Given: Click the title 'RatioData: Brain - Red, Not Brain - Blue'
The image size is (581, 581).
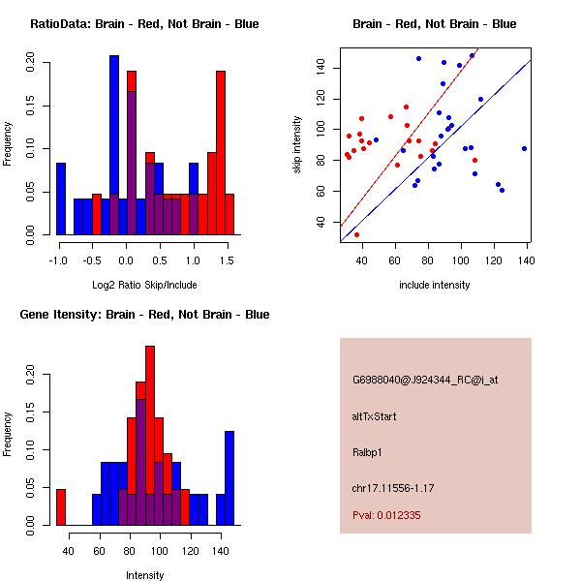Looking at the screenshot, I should (144, 24).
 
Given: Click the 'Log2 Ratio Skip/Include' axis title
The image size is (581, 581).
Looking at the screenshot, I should (144, 285).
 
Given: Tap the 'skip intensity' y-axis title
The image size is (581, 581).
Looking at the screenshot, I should (298, 144).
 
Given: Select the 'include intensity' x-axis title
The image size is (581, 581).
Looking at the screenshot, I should (435, 285).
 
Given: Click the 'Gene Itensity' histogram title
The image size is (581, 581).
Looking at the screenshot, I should (144, 315).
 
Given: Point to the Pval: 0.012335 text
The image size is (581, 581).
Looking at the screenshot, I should (386, 515).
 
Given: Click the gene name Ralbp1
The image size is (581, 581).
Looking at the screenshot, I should (368, 451).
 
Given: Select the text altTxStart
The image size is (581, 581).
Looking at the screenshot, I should (375, 416).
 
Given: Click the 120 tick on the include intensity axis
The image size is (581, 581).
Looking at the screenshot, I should (495, 260).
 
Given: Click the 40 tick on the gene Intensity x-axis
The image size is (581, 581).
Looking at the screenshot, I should (69, 551).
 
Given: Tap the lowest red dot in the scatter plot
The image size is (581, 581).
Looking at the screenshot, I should (356, 234).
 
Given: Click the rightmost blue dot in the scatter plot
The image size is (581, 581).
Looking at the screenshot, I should (524, 148).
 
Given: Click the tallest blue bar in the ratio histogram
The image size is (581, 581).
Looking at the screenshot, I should (114, 145).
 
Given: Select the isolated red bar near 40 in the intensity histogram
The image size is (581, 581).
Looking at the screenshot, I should (61, 506).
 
